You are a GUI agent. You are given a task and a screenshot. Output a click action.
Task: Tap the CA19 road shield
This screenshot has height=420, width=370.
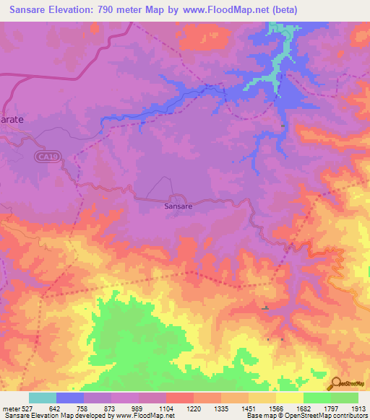(x=46, y=155)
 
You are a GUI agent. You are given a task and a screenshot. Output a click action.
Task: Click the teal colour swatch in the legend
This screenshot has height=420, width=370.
(x=43, y=398)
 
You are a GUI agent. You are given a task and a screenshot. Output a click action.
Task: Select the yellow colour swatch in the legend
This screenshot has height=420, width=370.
(x=290, y=398)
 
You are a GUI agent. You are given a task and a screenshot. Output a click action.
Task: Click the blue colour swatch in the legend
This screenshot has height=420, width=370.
(x=70, y=398)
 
